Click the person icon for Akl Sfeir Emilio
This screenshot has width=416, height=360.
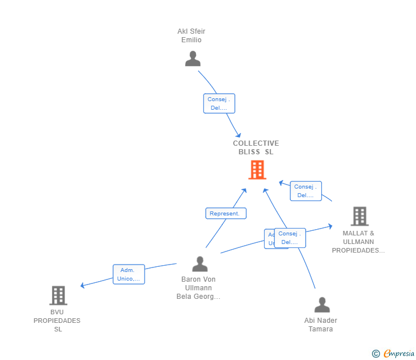193,59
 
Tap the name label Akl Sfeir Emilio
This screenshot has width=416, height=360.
191,35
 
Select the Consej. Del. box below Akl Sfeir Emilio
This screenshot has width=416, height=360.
219,103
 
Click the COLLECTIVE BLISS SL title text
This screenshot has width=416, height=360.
256,147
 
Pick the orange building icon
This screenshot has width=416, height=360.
257,170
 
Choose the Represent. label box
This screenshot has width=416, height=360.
226,213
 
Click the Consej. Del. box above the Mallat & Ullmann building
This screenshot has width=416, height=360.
306,191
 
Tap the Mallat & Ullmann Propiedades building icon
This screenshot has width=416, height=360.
359,216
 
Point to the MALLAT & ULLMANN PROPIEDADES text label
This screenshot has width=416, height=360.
358,242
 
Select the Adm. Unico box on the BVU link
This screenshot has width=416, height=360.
129,274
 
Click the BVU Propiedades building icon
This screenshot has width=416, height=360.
58,295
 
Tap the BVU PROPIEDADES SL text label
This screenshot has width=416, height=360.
57,321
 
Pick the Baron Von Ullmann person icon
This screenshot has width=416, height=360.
200,264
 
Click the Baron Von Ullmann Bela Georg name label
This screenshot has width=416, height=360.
198,288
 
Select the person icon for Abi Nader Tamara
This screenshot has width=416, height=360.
322,305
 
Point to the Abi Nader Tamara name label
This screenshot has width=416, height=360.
321,325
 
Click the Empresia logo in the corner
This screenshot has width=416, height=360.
399,354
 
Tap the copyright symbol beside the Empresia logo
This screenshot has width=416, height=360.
376,354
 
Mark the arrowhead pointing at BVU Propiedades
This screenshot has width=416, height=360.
83,285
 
